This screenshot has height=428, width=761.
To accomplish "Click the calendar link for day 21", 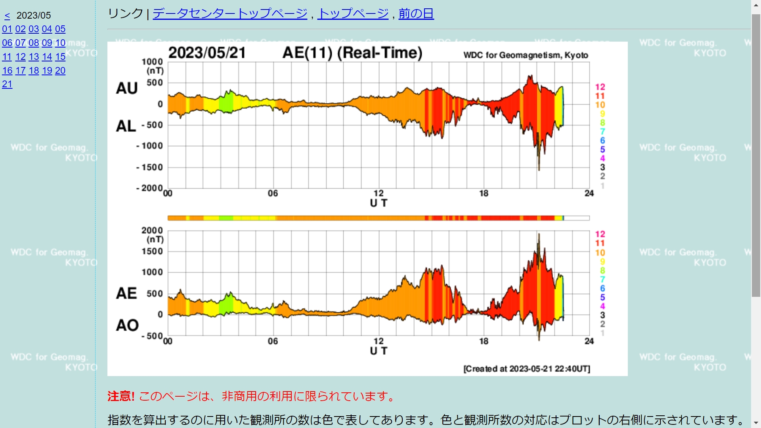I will (7, 84).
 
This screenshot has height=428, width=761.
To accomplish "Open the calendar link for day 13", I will (34, 57).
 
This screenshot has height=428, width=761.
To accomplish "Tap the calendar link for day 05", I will (60, 29).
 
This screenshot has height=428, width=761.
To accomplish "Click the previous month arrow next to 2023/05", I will (7, 16).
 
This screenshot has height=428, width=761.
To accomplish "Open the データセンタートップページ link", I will (230, 13).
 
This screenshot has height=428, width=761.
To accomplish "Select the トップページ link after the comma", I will (353, 13).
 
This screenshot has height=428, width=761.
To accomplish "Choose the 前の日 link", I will (416, 13).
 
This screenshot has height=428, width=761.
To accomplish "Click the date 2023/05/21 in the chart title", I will (207, 53).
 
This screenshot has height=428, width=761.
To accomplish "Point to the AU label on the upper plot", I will (127, 88).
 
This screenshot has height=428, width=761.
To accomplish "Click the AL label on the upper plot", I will (126, 126).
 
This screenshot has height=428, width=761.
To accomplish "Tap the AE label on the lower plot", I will (126, 293).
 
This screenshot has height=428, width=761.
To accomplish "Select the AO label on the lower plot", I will (127, 325).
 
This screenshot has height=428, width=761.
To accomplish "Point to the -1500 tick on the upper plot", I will (150, 167).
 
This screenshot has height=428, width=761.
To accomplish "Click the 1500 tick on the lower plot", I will (152, 251).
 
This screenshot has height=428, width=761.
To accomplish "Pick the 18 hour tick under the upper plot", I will (484, 193).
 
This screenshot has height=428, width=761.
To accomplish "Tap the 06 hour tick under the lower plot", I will (273, 341).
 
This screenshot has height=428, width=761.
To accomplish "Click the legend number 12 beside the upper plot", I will (600, 87).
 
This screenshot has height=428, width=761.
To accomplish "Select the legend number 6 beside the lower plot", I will (602, 289).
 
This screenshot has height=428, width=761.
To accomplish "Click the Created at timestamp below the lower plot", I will (527, 369).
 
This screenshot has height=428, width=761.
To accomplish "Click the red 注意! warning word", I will (121, 396).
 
